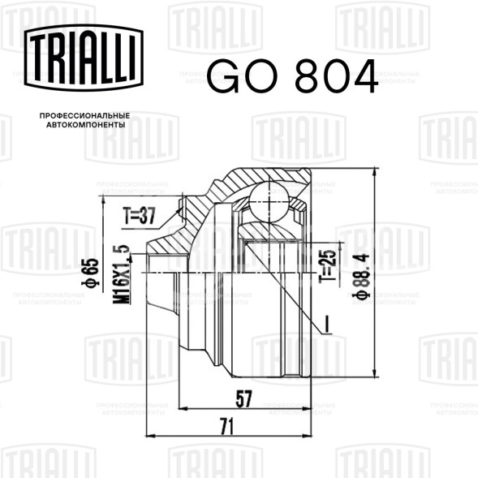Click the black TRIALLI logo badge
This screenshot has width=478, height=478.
click(x=84, y=58)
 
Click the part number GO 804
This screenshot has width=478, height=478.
click(x=292, y=76)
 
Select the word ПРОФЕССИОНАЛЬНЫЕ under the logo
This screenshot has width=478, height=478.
click(x=84, y=116)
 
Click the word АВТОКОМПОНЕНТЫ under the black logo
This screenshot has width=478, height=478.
click(x=86, y=125)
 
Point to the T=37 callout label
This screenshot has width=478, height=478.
click(x=139, y=216)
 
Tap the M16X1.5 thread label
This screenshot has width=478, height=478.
click(x=121, y=274)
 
